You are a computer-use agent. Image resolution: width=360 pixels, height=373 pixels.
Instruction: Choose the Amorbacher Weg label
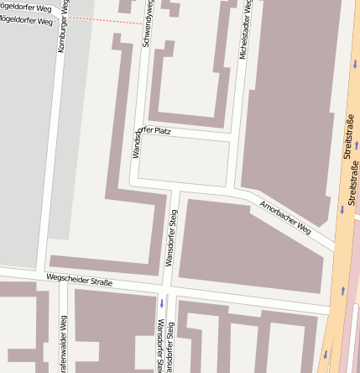[x=285, y=217]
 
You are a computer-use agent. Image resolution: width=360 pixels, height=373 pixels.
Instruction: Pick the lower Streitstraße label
[x=352, y=186]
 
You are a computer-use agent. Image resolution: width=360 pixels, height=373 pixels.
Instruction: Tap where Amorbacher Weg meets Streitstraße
[x=333, y=245]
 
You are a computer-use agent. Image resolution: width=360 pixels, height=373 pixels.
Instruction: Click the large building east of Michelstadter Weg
[x=290, y=92]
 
